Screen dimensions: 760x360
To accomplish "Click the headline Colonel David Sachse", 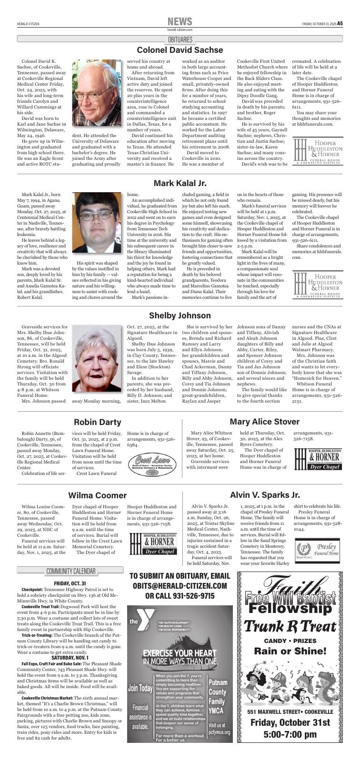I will (180, 50).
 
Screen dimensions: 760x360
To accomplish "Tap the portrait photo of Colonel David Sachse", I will (97, 93).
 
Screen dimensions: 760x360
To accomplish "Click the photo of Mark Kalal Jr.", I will (97, 222).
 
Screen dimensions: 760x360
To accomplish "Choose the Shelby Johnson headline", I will (180, 316).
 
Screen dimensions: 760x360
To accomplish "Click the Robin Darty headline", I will (97, 422).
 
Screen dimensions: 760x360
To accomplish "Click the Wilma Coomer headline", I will (97, 495).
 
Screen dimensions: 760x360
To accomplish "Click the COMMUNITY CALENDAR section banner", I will (70, 571).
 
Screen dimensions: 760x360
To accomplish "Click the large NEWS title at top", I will (180, 21).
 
